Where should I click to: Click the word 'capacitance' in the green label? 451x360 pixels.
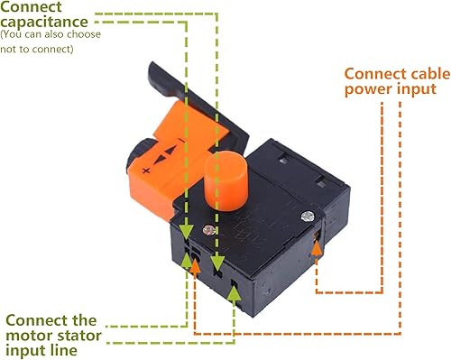44,23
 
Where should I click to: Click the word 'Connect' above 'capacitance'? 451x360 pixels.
31,6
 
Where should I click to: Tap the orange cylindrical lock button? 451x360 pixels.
226,180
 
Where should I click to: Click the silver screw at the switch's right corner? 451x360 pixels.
308,217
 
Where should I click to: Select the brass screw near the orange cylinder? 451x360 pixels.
209,230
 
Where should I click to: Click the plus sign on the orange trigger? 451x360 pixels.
146,171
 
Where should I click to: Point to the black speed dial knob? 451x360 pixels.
139,153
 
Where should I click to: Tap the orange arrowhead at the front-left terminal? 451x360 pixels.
196,265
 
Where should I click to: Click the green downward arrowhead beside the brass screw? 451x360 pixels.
187,232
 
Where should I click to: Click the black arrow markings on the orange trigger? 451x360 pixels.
165,154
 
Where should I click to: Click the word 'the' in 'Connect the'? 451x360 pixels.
85,320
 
